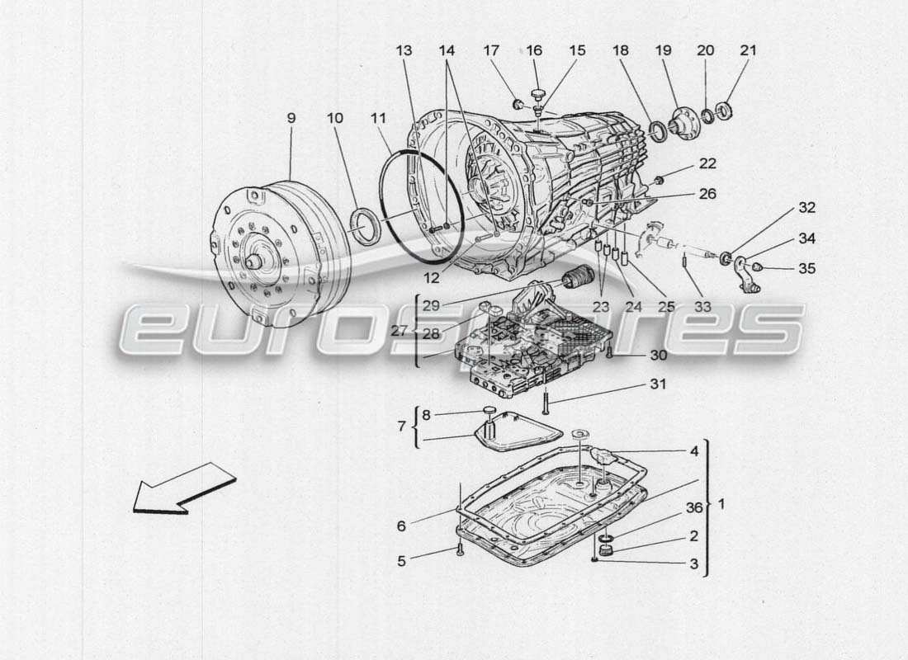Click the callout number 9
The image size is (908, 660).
(x=291, y=118)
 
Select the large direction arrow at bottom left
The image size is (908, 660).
(x=183, y=489)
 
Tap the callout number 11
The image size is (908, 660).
(x=378, y=118)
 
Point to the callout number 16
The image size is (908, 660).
(x=534, y=50)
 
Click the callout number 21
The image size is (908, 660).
(x=748, y=50)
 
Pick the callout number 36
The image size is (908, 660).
(x=694, y=508)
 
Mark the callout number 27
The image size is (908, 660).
(x=400, y=330)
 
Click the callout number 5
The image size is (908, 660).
(x=401, y=561)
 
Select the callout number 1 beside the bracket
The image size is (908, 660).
(x=724, y=503)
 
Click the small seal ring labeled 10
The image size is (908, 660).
(x=363, y=226)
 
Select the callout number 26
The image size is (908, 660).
(x=707, y=194)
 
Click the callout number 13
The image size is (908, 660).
(x=404, y=50)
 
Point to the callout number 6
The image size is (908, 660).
(x=401, y=526)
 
